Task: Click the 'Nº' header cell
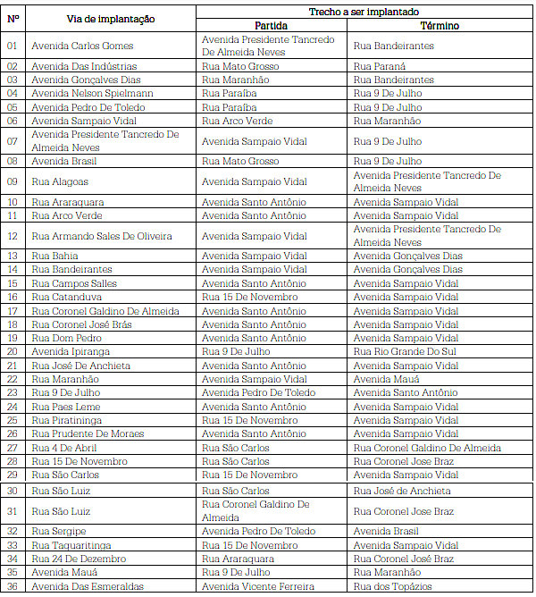(13, 19)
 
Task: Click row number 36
(13, 586)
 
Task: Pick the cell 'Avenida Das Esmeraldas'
(87, 586)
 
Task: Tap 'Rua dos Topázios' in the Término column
(392, 586)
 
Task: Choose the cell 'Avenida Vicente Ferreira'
(258, 586)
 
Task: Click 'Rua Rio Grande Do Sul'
(405, 352)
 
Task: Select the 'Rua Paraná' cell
(380, 66)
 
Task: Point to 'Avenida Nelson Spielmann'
(92, 93)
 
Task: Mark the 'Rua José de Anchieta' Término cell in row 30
(401, 491)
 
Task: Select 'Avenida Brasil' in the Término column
(386, 531)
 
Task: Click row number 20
(13, 352)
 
